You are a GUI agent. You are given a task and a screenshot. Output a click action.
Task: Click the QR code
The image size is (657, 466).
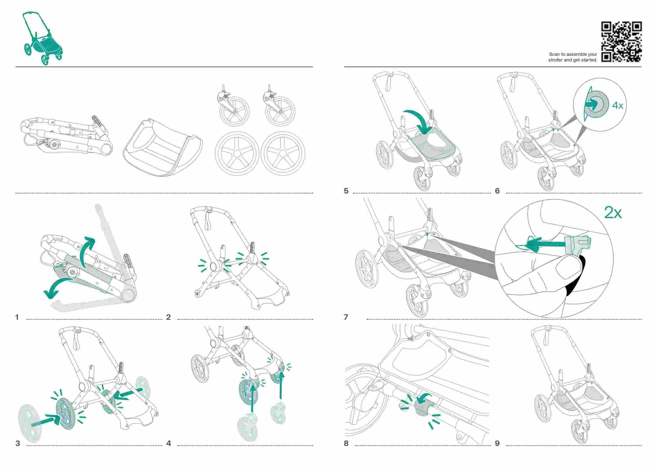(621, 42)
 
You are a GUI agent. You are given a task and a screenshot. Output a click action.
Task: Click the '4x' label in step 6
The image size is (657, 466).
(617, 106)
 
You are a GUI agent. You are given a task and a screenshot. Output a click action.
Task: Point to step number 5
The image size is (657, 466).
(346, 191)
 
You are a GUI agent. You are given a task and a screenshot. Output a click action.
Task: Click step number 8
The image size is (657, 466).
(346, 443)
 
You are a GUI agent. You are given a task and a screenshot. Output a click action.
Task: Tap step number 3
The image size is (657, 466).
(18, 443)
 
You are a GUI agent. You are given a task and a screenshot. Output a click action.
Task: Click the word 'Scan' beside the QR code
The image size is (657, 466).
(554, 54)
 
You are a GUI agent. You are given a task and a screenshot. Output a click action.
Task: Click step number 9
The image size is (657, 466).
(497, 443)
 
